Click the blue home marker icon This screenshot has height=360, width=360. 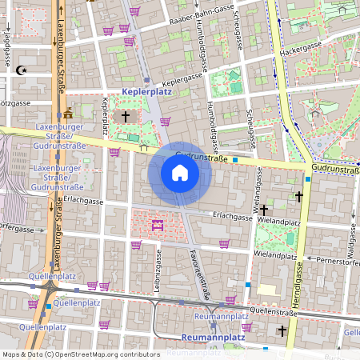[180, 173]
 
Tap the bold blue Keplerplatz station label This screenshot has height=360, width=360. [147, 93]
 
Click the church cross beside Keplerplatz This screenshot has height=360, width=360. [125, 117]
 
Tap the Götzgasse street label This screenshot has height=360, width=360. [14, 103]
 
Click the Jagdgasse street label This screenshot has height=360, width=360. [6, 44]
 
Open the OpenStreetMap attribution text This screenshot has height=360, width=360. [80, 354]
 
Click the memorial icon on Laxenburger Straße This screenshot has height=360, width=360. [67, 110]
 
